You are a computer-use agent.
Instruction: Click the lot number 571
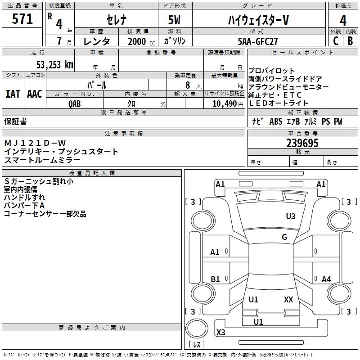coord(22,19)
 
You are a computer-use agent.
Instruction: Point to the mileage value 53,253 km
coord(54,64)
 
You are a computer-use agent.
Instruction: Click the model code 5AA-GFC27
coord(257,41)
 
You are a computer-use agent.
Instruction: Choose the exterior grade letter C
coord(335,41)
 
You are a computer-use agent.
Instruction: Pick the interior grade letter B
coord(350,41)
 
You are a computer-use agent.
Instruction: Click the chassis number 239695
coord(302,144)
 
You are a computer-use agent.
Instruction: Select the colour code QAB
coord(75,103)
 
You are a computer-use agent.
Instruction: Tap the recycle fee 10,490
coord(221,103)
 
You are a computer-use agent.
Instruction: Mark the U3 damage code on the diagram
coord(291,216)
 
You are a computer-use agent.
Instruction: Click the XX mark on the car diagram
coord(288,300)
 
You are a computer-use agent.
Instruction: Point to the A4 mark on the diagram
coord(326,279)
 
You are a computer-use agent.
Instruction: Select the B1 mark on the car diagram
coord(215,279)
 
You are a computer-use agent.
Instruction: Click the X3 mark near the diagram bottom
coord(220,333)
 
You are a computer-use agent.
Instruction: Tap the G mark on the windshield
coord(284,237)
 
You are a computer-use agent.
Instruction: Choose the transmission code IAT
coord(13,94)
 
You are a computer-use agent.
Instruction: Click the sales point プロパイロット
coord(272,71)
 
